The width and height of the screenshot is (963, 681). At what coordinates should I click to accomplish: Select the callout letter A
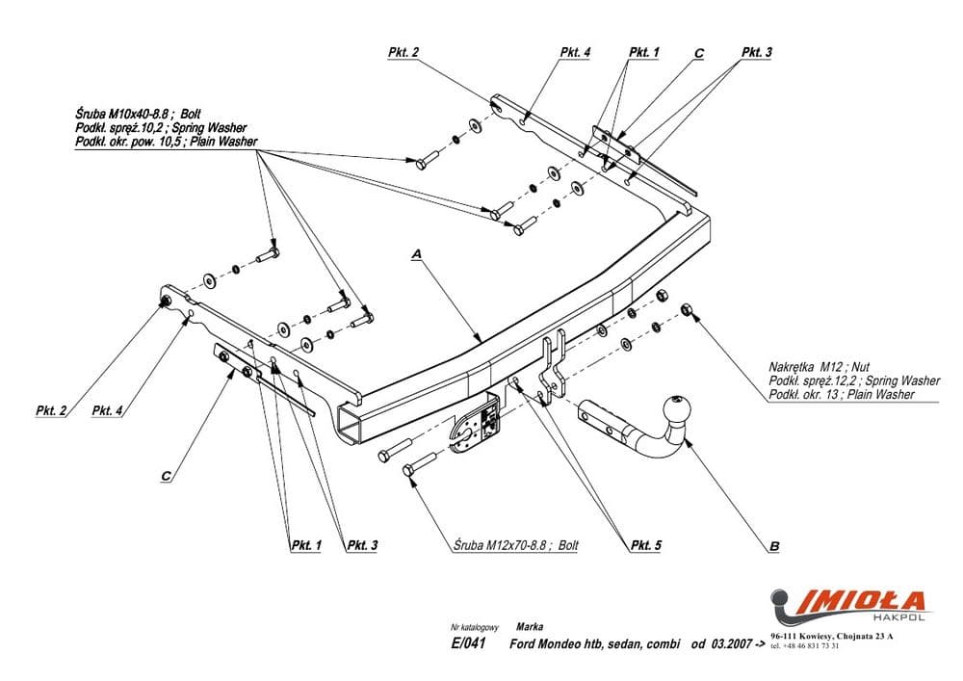pyautogui.click(x=417, y=253)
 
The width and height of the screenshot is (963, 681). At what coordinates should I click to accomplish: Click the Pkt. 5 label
pyautogui.click(x=646, y=546)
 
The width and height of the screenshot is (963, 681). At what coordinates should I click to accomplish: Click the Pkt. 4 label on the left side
pyautogui.click(x=108, y=411)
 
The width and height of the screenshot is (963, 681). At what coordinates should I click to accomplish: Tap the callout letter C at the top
pyautogui.click(x=699, y=54)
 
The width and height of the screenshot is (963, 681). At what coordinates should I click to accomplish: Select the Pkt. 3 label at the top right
pyautogui.click(x=757, y=54)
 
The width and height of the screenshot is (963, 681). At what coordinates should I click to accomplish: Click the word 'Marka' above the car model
pyautogui.click(x=529, y=626)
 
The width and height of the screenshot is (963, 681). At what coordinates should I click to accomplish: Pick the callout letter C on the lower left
pyautogui.click(x=167, y=475)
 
